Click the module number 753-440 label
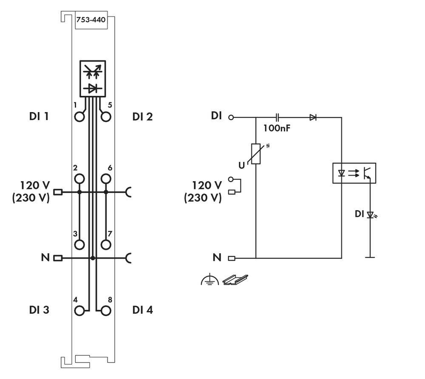(91, 20)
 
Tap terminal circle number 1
(79, 117)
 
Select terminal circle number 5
(106, 117)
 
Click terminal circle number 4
(79, 311)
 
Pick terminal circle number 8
(106, 311)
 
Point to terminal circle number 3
(79, 244)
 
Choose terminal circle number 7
(106, 244)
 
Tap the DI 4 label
(142, 310)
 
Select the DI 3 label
(39, 310)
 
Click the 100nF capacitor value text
(276, 128)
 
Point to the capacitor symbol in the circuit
(277, 117)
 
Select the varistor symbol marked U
(256, 154)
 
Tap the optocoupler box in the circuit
(354, 173)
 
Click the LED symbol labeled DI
(371, 215)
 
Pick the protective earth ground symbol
(210, 280)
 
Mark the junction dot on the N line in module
(93, 258)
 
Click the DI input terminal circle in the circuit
(231, 117)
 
